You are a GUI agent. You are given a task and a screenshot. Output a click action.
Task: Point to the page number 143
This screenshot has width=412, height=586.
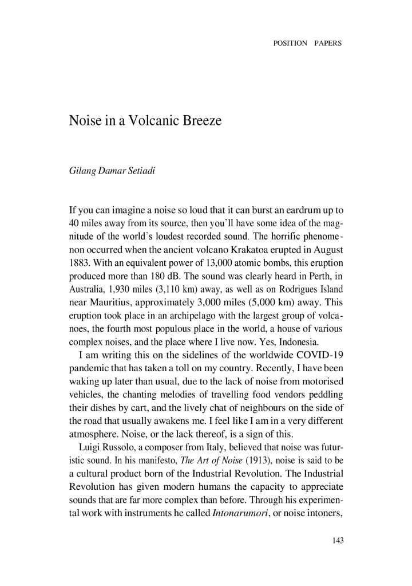click(336, 540)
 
